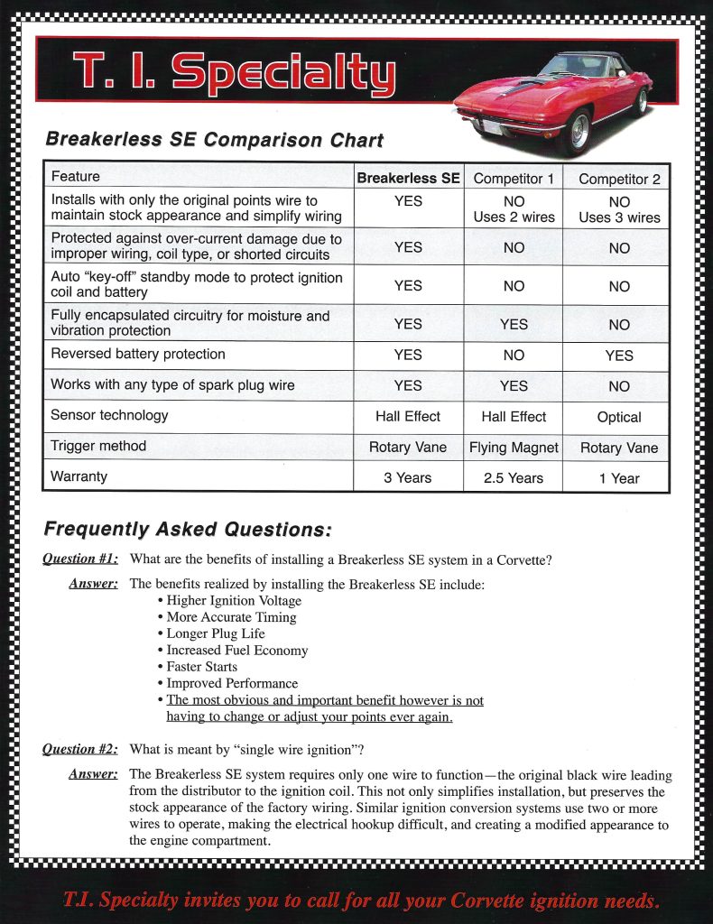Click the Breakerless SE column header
pyautogui.click(x=408, y=178)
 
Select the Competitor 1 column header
pyautogui.click(x=514, y=179)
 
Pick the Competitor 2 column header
pyautogui.click(x=619, y=179)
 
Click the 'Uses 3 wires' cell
pyautogui.click(x=619, y=217)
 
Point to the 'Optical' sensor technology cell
pyautogui.click(x=619, y=417)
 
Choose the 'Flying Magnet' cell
pyautogui.click(x=514, y=448)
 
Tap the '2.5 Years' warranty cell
pyautogui.click(x=514, y=478)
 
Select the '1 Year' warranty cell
pyautogui.click(x=619, y=478)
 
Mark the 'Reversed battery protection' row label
pyautogui.click(x=138, y=354)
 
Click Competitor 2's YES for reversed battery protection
pyautogui.click(x=619, y=356)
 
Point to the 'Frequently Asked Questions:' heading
pyautogui.click(x=188, y=529)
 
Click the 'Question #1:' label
pyautogui.click(x=80, y=559)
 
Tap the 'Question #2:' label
pyautogui.click(x=80, y=749)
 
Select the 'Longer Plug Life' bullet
pyautogui.click(x=216, y=633)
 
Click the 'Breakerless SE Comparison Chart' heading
pyautogui.click(x=215, y=140)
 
